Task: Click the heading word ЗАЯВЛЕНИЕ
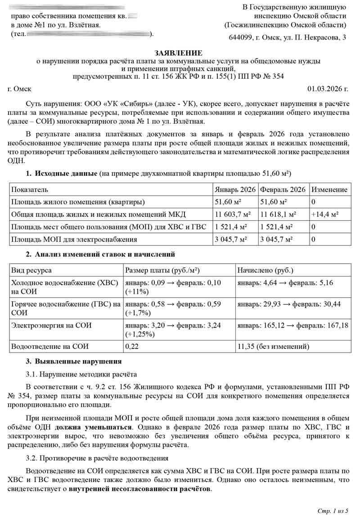[x=179, y=53]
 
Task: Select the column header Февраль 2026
[x=283, y=190]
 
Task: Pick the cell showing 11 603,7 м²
[x=233, y=214]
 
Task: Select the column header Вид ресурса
[x=31, y=270]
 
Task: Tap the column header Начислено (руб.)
[x=265, y=270]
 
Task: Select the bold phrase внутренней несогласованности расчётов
[x=139, y=489]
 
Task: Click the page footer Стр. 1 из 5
[x=333, y=511]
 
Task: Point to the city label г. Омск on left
[x=20, y=89]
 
